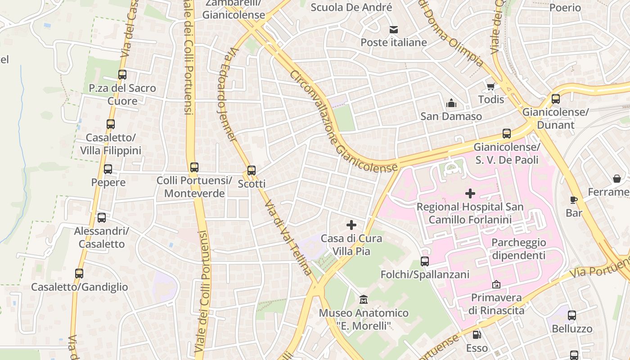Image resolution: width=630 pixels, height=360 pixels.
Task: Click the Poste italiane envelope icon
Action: [x=394, y=30]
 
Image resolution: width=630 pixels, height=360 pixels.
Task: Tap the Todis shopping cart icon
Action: [x=490, y=86]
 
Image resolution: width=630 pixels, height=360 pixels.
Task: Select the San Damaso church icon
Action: [x=451, y=103]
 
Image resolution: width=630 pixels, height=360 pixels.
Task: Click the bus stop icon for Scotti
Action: [x=252, y=171]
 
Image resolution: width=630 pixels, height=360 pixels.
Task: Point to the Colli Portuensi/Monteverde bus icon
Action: [x=194, y=167]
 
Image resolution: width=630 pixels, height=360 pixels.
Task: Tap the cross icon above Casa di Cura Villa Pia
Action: [x=351, y=225]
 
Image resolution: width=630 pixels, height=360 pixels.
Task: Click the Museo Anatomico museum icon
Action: [x=364, y=299]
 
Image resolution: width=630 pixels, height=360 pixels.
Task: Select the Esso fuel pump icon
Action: [x=477, y=335]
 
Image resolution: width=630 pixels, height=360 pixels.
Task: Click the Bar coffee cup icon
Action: [x=574, y=200]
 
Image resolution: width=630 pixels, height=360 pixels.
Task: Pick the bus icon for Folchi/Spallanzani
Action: [x=424, y=261]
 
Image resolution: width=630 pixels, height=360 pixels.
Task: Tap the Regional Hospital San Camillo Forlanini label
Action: [x=470, y=213]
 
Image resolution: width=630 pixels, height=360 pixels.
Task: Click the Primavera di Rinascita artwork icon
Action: [x=496, y=284]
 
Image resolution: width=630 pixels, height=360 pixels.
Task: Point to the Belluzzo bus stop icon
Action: [x=571, y=315]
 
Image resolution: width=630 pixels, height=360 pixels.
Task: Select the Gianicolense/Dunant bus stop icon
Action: [x=556, y=99]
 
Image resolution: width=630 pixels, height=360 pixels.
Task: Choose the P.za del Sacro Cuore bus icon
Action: [x=122, y=75]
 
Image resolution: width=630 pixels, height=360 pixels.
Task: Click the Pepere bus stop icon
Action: [x=108, y=169]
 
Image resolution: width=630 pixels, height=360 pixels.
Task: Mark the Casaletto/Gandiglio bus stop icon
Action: [x=79, y=274]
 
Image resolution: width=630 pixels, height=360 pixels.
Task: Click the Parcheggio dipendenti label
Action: [x=518, y=249]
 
